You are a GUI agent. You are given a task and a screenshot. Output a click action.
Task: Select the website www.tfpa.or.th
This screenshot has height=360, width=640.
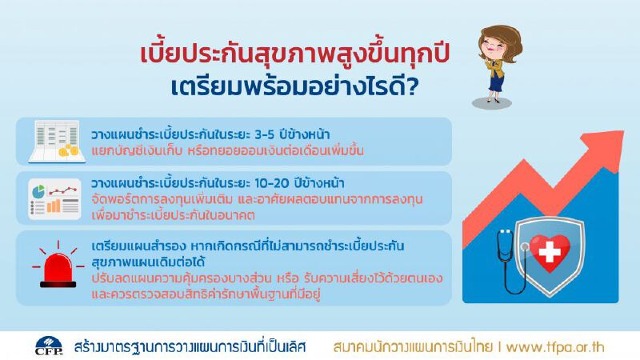(566, 347)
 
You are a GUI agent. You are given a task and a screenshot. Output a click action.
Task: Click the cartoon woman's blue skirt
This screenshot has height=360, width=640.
(496, 81)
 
